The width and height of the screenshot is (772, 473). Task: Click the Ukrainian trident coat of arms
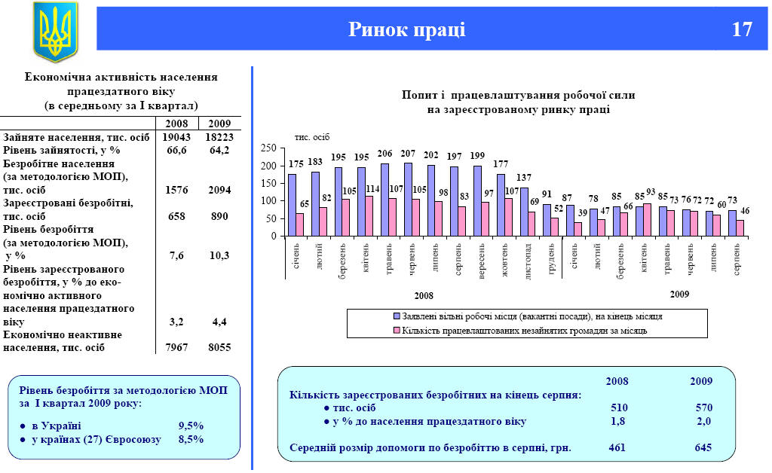[55, 32]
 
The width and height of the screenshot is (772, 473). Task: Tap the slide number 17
[742, 29]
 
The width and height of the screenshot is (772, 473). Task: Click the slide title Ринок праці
[406, 29]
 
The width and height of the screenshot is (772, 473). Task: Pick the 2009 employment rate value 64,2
[219, 150]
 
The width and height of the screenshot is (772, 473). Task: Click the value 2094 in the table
[219, 191]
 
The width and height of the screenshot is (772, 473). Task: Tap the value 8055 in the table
[219, 347]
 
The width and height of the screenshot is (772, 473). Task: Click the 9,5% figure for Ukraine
[191, 425]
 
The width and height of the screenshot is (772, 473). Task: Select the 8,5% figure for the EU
[191, 438]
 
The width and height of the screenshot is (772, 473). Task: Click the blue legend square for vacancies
[397, 316]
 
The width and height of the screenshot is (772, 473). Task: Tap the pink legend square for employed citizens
[397, 329]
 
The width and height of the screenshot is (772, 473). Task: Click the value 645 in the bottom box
[703, 447]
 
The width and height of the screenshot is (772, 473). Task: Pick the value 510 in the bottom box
[618, 407]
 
